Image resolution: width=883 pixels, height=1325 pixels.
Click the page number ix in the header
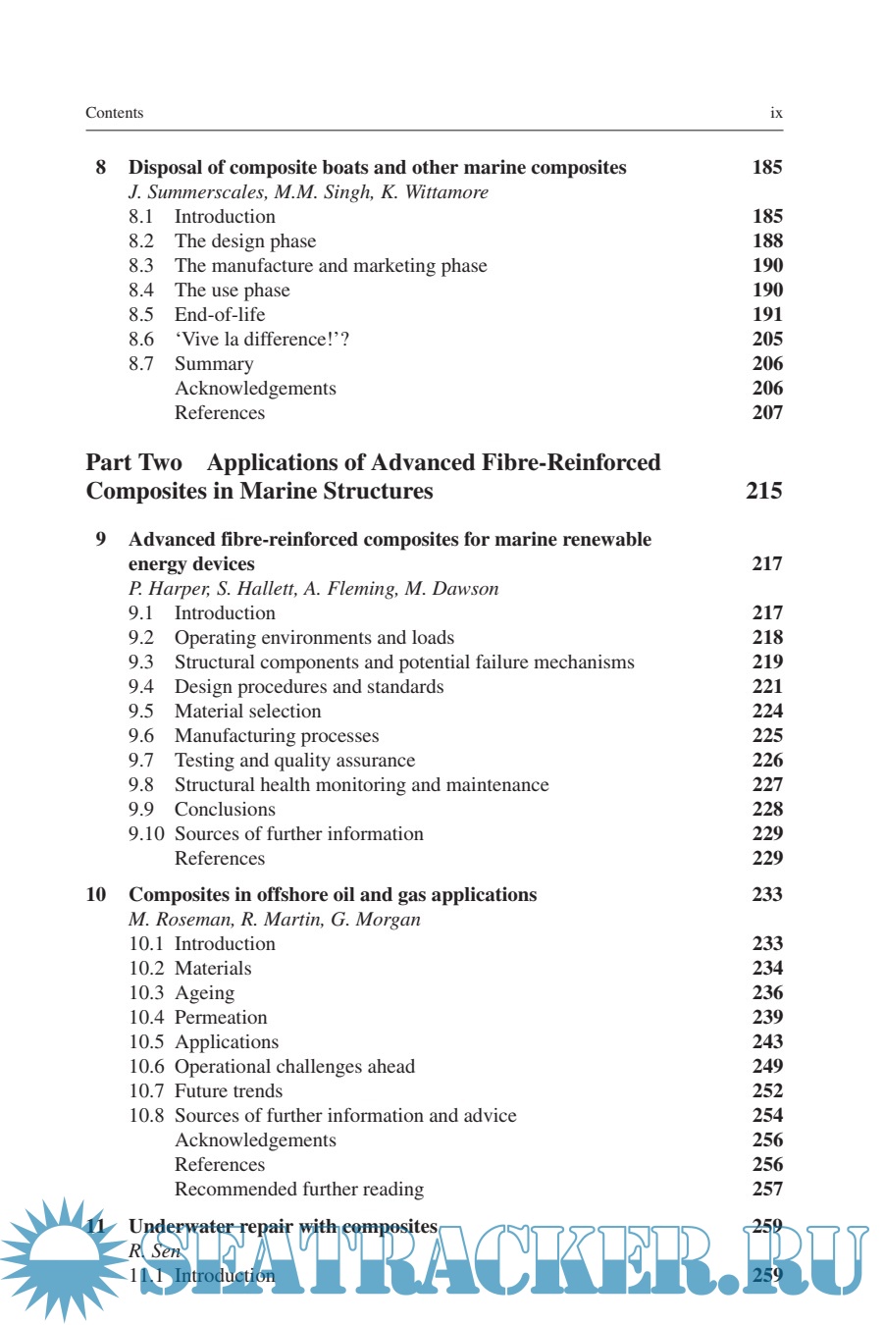click(776, 113)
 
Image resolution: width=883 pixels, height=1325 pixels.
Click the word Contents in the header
click(114, 113)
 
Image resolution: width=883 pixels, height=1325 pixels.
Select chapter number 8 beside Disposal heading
click(100, 167)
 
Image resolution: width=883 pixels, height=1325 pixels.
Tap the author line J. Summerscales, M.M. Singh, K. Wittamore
click(308, 192)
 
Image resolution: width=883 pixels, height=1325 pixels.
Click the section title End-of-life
click(220, 315)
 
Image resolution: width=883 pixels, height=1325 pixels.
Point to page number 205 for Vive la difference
click(767, 340)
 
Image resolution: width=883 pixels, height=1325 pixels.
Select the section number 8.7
click(141, 364)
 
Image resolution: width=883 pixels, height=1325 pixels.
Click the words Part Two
click(134, 462)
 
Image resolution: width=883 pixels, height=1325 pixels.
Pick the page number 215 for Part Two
click(763, 491)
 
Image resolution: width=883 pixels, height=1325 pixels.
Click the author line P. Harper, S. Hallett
click(313, 589)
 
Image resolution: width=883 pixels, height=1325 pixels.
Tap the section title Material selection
click(247, 712)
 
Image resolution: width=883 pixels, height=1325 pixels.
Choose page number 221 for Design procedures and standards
click(767, 687)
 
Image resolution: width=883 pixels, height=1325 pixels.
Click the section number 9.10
click(146, 834)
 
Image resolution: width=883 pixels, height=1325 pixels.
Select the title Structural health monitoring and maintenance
click(361, 785)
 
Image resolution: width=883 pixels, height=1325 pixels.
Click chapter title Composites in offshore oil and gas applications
click(333, 895)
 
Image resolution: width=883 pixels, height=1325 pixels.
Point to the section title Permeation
click(221, 1018)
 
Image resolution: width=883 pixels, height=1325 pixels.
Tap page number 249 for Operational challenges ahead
click(767, 1067)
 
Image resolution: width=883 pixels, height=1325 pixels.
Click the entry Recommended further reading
click(299, 1190)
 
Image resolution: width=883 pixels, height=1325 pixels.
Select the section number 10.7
click(146, 1091)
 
